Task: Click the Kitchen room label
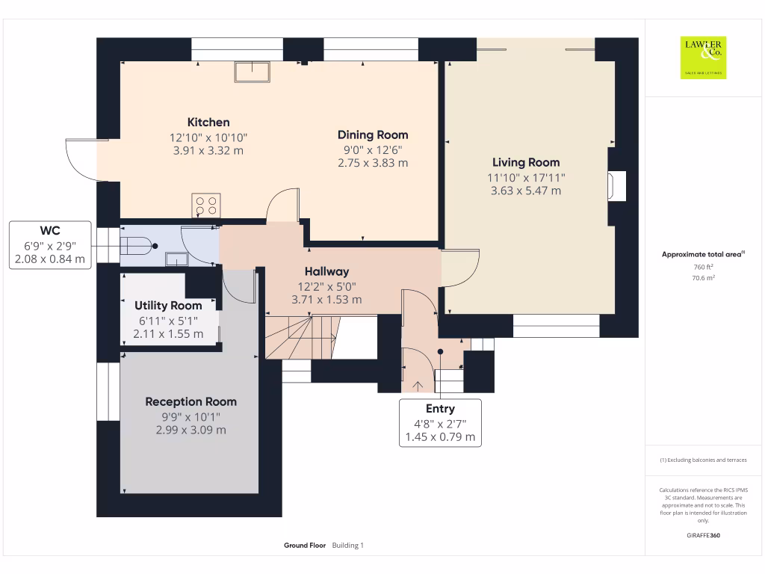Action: [208, 122]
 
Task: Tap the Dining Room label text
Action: [373, 135]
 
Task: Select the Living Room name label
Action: [526, 162]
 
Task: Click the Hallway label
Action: [327, 272]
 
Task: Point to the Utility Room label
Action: [168, 306]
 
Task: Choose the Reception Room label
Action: [191, 401]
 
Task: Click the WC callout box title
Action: [50, 230]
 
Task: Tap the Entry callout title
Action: [440, 409]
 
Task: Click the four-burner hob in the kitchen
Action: [206, 206]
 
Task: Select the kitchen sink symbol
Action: [253, 72]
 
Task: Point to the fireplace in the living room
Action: [616, 185]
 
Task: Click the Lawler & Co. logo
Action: [703, 58]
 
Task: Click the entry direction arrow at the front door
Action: [418, 386]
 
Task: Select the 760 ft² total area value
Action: [703, 267]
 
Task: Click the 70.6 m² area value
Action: [703, 278]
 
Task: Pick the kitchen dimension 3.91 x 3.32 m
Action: [208, 151]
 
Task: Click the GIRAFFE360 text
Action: [703, 535]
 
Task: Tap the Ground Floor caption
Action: [305, 545]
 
